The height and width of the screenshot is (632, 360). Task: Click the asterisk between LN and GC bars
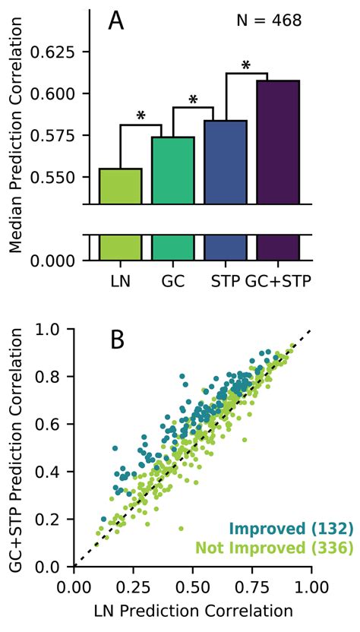[x=141, y=116]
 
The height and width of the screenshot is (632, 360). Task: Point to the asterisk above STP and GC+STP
[x=245, y=66]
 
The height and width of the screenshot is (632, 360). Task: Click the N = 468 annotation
[x=270, y=21]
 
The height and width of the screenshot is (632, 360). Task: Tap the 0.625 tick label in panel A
[x=55, y=52]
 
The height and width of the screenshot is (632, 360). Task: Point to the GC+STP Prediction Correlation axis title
[x=15, y=448]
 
